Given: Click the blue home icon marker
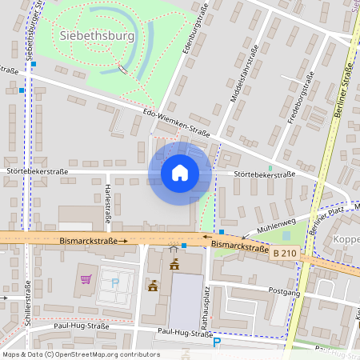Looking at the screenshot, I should (180, 172).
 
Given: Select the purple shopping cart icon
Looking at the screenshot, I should (86, 279).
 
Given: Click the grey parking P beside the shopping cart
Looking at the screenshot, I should (114, 282).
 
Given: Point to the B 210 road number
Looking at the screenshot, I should (283, 253).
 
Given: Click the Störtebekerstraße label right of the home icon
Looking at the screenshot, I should (265, 174).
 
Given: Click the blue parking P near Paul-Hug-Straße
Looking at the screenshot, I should (216, 342).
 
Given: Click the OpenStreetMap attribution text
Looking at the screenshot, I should (80, 354).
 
